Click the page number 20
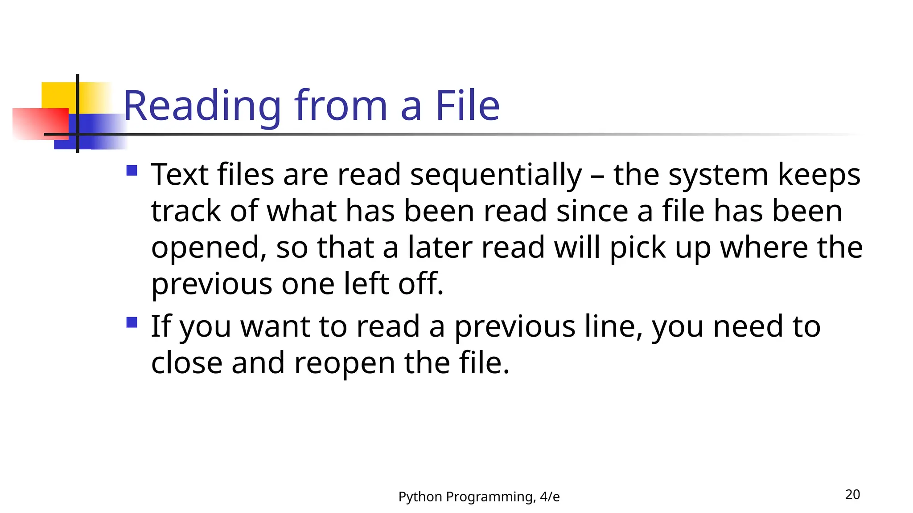tap(852, 494)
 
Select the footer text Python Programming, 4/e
tap(479, 497)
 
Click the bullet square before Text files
tap(132, 171)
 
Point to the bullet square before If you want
tap(132, 322)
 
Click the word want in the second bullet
tap(275, 326)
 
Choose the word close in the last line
tap(186, 363)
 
